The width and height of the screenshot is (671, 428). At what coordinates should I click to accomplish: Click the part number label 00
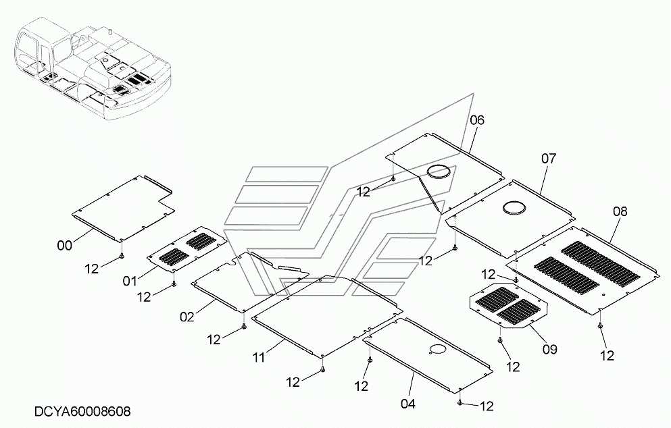coord(65,246)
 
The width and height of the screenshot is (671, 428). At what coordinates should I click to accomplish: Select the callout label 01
coord(130,281)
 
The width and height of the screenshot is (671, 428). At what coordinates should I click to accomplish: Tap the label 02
coord(187,317)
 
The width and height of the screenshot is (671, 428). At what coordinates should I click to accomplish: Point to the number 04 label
coord(408,404)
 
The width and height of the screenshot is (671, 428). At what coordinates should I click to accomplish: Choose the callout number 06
coord(477,120)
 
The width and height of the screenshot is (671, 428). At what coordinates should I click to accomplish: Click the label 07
coord(549,159)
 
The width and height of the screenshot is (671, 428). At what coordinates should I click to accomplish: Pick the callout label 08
coord(620,211)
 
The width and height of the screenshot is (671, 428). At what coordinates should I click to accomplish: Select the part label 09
coord(550,349)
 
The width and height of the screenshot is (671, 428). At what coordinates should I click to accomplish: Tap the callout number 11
coord(259,357)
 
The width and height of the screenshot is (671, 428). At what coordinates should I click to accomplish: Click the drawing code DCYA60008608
coord(82,412)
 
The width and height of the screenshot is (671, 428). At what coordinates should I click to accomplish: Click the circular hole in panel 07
coord(515,207)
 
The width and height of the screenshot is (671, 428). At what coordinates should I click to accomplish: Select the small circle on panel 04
coord(437,349)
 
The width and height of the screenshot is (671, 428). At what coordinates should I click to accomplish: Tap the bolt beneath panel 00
coord(122,255)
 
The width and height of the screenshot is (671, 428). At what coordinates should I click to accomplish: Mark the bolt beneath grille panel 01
coord(174,284)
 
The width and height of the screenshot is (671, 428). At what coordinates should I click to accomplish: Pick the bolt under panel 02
coord(244,327)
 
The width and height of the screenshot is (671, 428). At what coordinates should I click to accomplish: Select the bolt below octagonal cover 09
coord(500,340)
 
